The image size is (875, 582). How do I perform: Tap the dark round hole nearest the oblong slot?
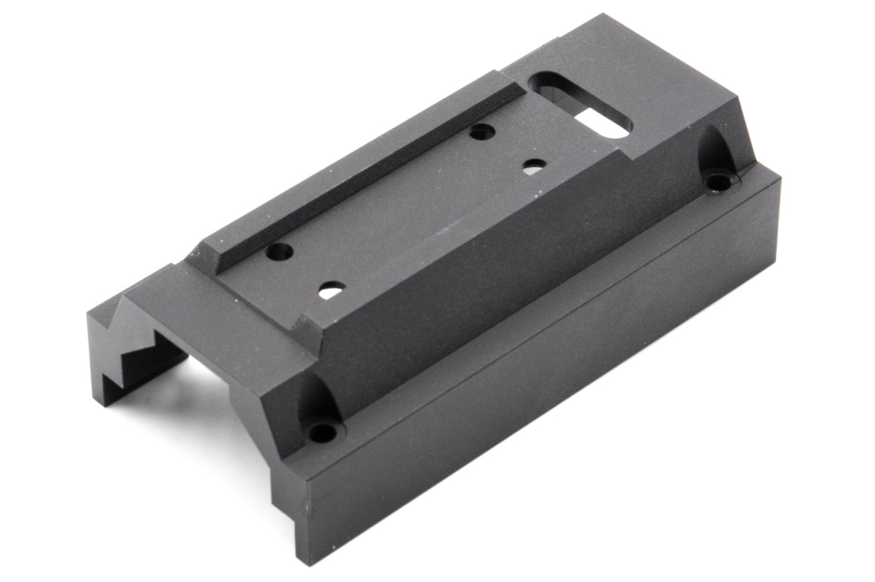pos(481,132)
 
